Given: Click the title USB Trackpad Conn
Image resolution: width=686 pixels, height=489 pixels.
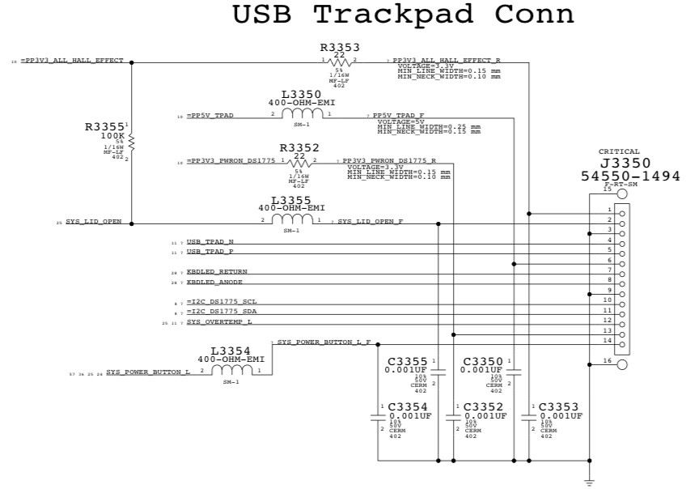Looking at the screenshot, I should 404,15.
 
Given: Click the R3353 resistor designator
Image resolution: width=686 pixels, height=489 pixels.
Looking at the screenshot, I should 340,47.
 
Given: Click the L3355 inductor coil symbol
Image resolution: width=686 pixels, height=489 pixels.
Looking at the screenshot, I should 292,220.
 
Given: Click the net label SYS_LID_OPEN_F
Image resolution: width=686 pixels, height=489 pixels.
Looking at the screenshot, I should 370,221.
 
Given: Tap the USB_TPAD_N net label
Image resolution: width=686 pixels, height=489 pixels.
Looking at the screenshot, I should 210,242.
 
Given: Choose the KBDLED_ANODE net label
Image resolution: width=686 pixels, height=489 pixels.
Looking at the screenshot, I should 216,283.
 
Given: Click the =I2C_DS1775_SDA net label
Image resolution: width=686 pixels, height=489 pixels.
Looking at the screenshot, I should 221,312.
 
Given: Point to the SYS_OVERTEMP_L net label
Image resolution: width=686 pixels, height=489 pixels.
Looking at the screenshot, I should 218,322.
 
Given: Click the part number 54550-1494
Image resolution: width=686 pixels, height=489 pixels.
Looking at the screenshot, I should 631,176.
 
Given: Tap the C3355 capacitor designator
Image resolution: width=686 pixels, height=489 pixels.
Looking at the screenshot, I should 408,361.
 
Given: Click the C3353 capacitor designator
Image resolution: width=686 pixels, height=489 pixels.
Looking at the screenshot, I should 558,406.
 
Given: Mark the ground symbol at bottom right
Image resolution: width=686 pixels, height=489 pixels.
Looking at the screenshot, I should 589,480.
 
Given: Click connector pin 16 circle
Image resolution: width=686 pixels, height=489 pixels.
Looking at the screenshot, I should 621,365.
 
